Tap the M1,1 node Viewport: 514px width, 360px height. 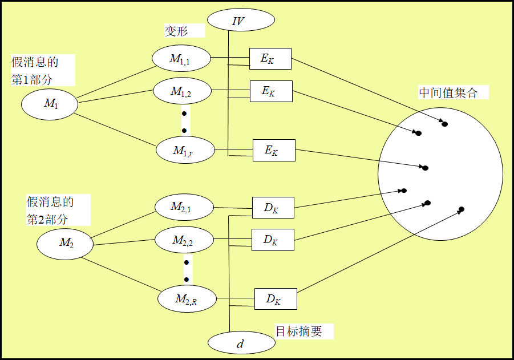point(181,58)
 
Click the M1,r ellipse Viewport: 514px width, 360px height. point(185,151)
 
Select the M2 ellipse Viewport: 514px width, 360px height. point(65,243)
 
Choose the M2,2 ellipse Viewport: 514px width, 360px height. point(184,241)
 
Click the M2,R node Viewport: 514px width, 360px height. point(186,299)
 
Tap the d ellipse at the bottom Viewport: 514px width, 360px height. point(241,343)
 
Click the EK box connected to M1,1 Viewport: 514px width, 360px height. point(270,59)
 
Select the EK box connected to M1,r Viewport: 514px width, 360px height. point(274,151)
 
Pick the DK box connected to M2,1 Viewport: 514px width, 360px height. point(273,208)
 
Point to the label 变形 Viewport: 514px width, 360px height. point(176,31)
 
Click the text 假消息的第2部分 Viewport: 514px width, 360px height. point(50,210)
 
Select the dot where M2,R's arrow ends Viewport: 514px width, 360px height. point(462,209)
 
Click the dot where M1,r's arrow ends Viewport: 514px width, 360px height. point(425,168)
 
